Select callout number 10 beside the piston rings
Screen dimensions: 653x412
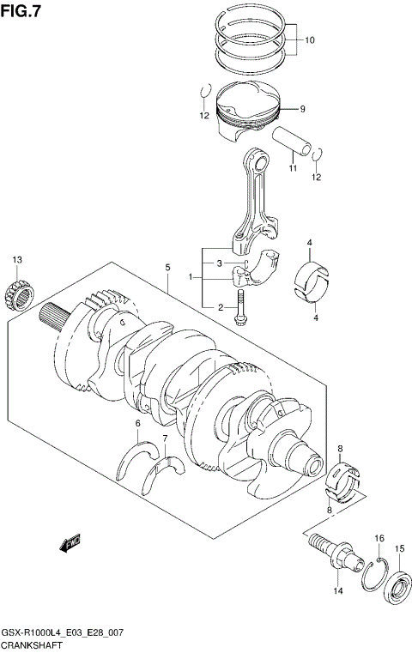pyautogui.click(x=309, y=40)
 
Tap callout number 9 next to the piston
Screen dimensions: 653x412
pyautogui.click(x=302, y=109)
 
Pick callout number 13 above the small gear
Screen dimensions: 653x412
pyautogui.click(x=16, y=259)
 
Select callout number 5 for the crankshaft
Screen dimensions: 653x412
pyautogui.click(x=168, y=268)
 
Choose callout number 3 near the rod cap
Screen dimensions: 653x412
pyautogui.click(x=220, y=263)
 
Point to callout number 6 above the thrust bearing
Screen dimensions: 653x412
pyautogui.click(x=136, y=424)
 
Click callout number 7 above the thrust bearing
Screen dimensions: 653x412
pyautogui.click(x=165, y=439)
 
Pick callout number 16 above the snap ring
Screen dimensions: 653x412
pyautogui.click(x=379, y=538)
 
